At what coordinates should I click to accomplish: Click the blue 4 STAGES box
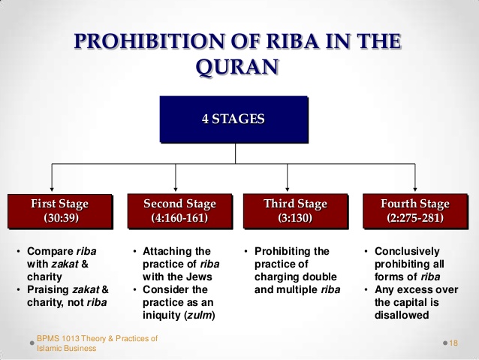pyautogui.click(x=234, y=119)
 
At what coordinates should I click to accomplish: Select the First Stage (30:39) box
pyautogui.click(x=59, y=211)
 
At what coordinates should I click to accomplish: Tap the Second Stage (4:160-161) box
pyautogui.click(x=179, y=211)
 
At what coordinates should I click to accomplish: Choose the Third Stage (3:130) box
pyautogui.click(x=295, y=211)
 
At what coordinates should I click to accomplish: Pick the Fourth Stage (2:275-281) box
pyautogui.click(x=414, y=211)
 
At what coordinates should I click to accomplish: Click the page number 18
pyautogui.click(x=453, y=343)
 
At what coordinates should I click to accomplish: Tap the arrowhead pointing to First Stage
pyautogui.click(x=52, y=189)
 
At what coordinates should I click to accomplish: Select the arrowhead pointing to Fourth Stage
pyautogui.click(x=419, y=189)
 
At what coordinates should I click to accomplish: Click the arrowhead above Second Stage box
pyautogui.click(x=176, y=189)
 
